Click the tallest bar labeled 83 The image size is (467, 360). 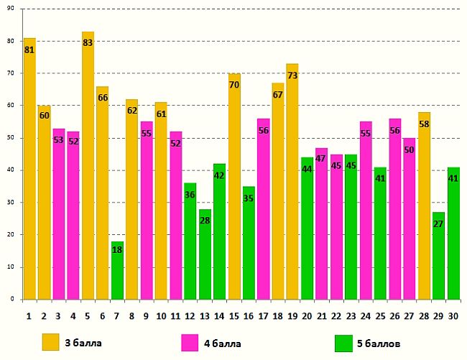(88, 165)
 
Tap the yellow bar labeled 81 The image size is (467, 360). (29, 169)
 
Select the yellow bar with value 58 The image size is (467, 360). (424, 206)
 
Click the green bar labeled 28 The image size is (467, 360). (205, 254)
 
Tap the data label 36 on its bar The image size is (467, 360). (190, 195)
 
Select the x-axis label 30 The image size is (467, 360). (453, 315)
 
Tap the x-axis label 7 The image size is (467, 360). (117, 315)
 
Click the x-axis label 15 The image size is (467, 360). (234, 315)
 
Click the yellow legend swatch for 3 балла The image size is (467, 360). (50, 343)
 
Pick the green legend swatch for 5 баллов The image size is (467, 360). (343, 343)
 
